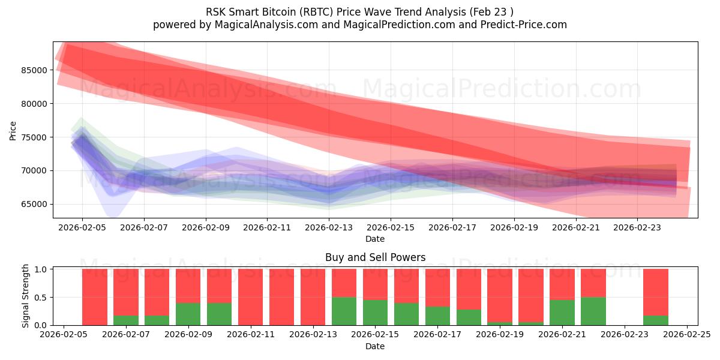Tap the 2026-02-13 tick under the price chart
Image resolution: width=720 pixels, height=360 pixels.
pos(329,228)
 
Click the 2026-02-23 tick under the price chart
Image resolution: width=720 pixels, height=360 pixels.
pos(637,228)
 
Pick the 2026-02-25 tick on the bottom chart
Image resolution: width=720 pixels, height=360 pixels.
pos(687,335)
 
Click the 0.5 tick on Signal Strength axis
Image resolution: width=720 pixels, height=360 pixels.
pos(41,298)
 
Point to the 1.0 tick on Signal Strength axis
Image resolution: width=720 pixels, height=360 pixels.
pos(41,269)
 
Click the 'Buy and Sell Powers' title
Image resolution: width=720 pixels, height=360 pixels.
pos(375,257)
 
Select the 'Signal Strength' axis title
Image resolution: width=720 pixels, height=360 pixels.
pos(26,296)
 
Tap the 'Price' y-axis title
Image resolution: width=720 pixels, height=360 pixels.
pos(13,130)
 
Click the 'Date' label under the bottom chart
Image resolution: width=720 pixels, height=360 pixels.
pos(375,346)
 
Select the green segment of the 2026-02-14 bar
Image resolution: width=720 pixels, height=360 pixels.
pos(344,311)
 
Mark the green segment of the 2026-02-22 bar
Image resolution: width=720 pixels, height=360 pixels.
pos(593,311)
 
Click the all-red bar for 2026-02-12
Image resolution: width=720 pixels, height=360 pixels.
pos(282,297)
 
